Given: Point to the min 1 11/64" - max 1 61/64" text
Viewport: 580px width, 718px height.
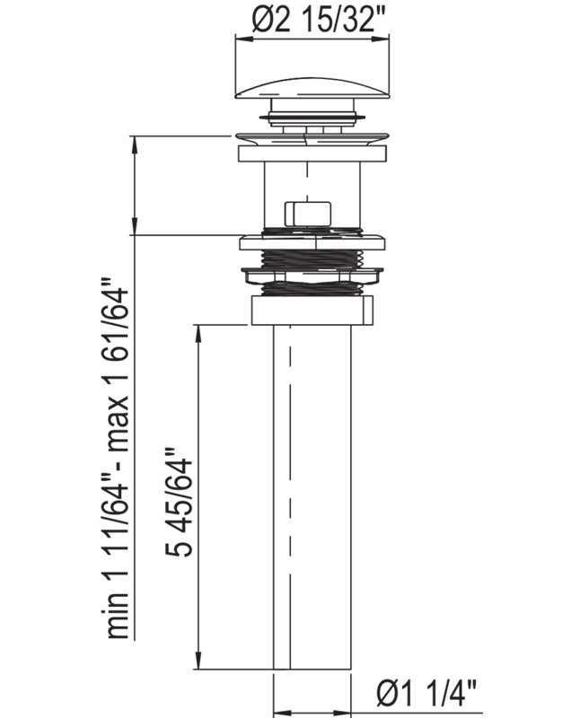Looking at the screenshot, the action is click(x=119, y=458).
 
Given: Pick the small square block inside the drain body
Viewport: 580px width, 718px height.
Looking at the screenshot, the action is click(x=308, y=214).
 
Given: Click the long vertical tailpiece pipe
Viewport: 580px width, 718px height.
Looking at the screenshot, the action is click(x=312, y=497).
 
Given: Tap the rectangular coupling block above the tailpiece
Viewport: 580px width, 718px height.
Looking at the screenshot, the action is click(x=312, y=311).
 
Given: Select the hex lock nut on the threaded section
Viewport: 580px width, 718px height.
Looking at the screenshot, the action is click(x=312, y=276).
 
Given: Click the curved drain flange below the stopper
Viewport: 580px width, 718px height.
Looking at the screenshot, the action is click(x=312, y=139).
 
